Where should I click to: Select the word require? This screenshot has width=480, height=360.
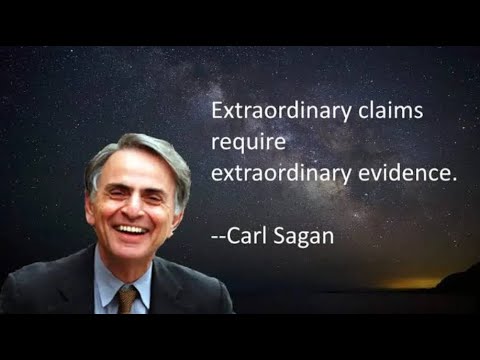point(244,143)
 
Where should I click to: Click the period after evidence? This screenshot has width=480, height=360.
point(453,181)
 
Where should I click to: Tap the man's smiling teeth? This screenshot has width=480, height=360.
point(129,228)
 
